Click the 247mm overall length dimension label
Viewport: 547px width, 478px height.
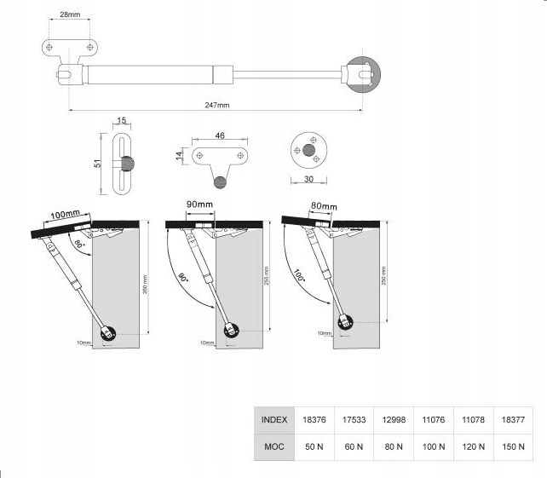(x=217, y=106)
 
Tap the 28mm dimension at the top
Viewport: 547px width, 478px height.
(x=72, y=14)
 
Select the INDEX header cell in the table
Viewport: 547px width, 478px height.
(x=274, y=419)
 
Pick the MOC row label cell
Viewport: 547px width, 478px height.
(x=274, y=446)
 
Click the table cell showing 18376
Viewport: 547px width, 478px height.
(x=315, y=419)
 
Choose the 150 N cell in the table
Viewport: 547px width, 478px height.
(x=514, y=446)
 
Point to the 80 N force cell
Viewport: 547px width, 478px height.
(x=394, y=446)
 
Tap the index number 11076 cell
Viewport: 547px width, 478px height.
(x=434, y=419)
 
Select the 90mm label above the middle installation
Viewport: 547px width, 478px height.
(x=200, y=205)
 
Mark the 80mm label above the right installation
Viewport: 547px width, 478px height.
(x=324, y=206)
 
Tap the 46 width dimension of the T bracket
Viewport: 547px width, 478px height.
(x=220, y=135)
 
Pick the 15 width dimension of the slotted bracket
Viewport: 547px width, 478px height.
(x=122, y=121)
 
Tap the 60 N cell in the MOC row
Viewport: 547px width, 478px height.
(x=354, y=446)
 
